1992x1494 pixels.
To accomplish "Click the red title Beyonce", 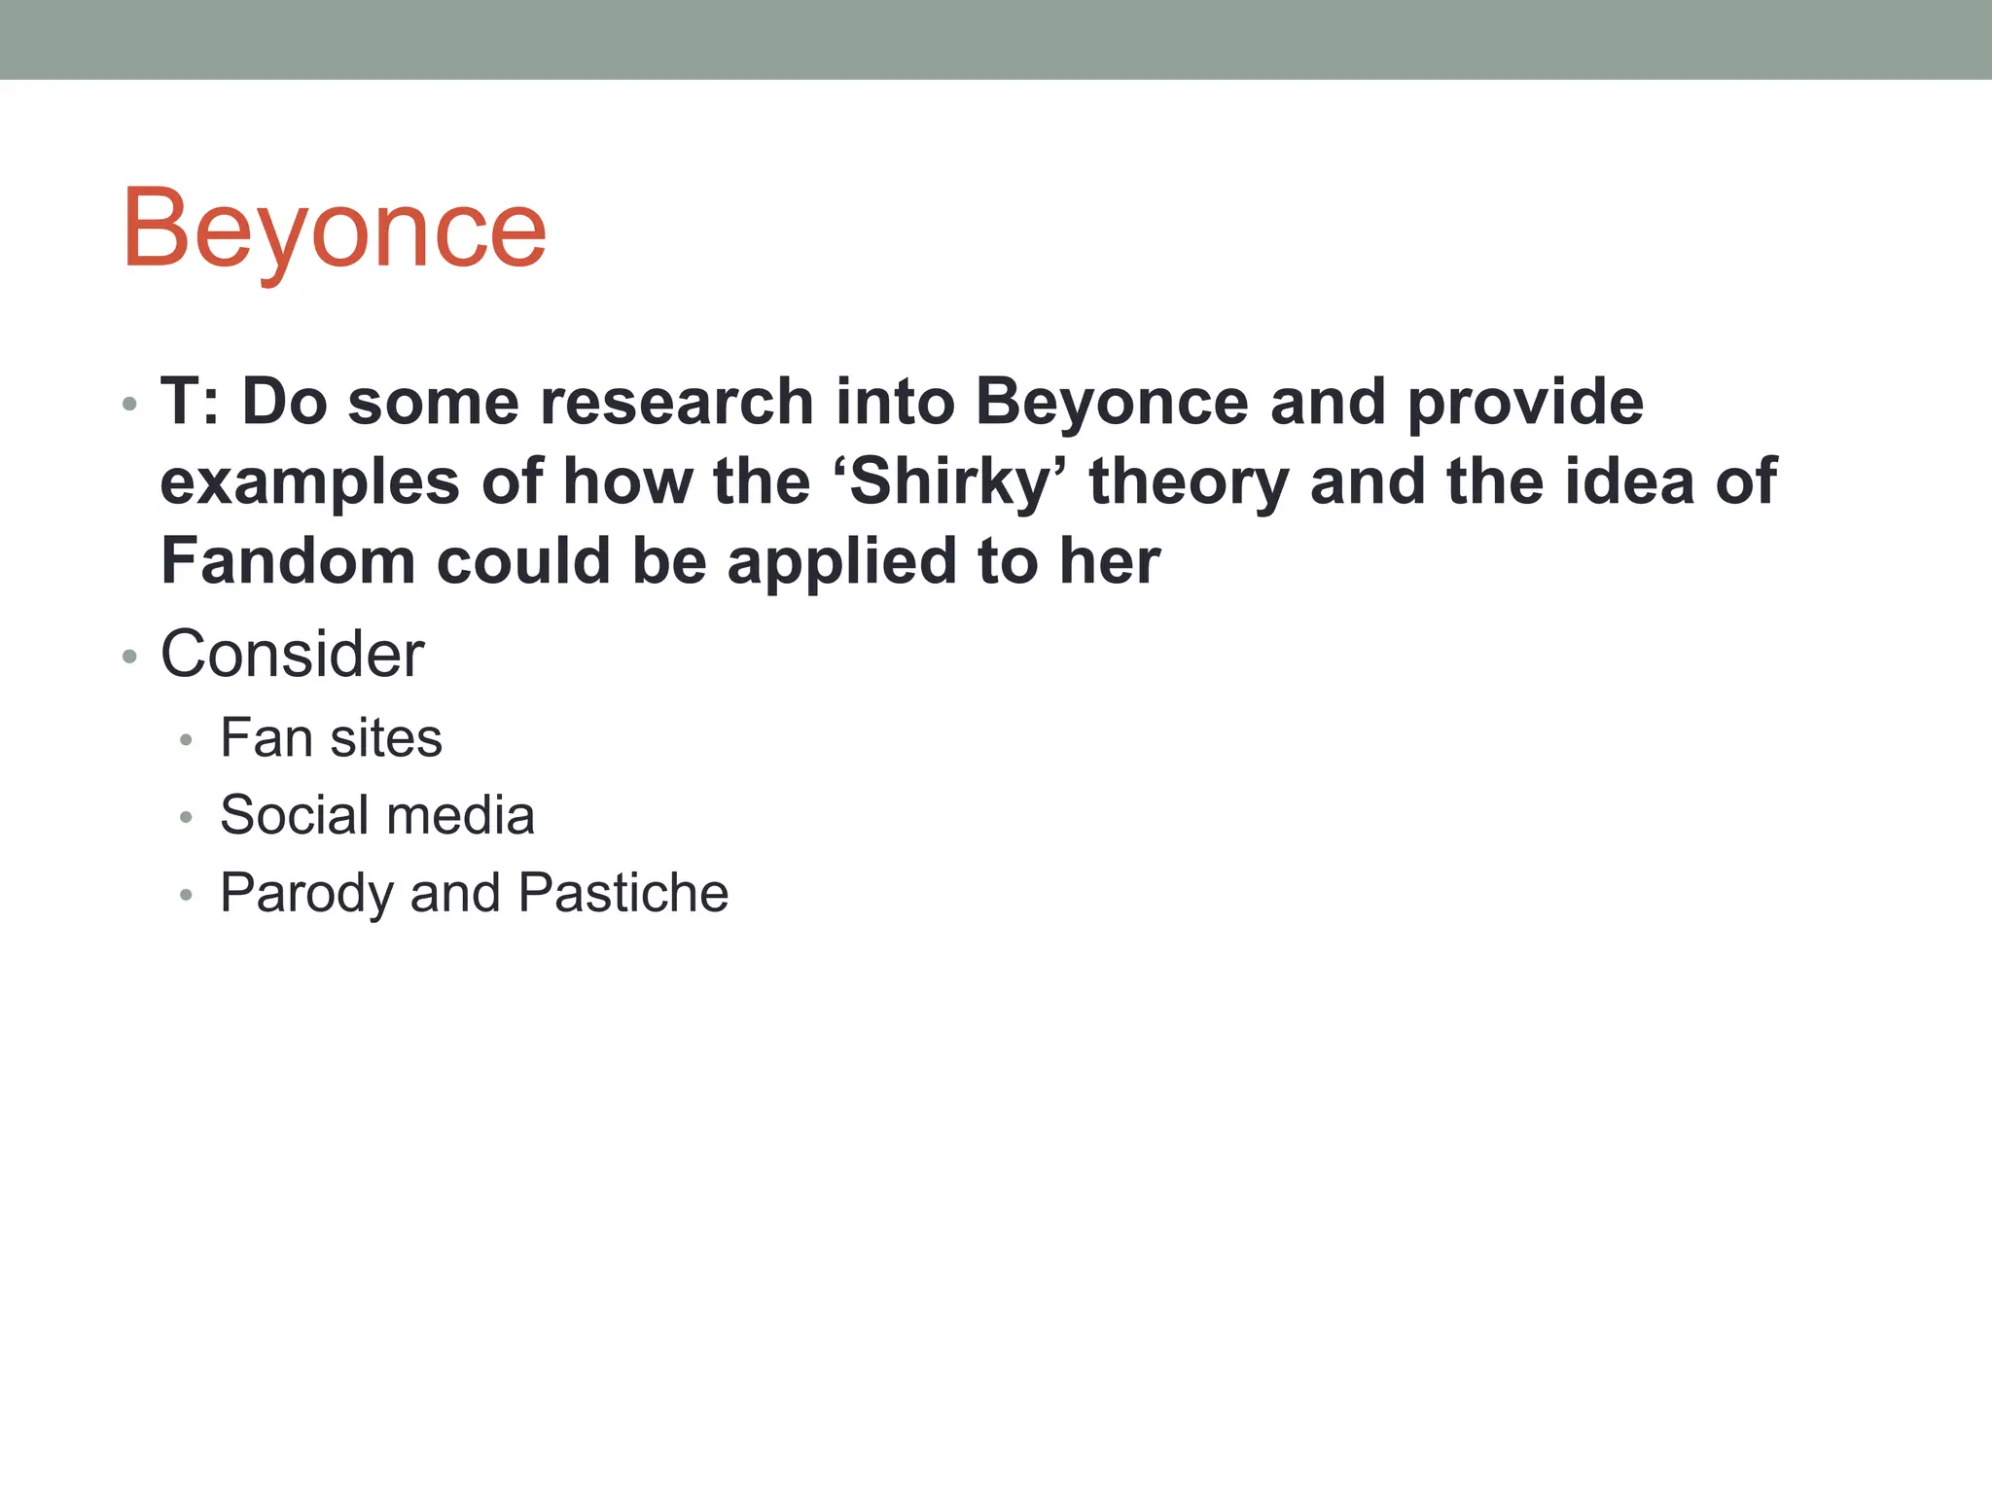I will pyautogui.click(x=334, y=230).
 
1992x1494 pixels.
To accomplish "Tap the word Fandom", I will pyautogui.click(x=288, y=561).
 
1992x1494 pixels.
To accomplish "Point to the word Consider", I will pyautogui.click(x=292, y=654).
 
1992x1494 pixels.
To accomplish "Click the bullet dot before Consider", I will pyautogui.click(x=129, y=658).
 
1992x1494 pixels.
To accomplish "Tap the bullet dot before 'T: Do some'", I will pyautogui.click(x=129, y=404).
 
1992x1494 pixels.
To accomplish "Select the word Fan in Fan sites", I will pyautogui.click(x=265, y=737).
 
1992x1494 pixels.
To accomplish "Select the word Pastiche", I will pyautogui.click(x=622, y=893).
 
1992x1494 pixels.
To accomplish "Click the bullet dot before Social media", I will pyautogui.click(x=187, y=818).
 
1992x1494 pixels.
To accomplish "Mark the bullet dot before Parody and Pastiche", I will pyautogui.click(x=187, y=896).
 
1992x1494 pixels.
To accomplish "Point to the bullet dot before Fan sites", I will pyautogui.click(x=187, y=741).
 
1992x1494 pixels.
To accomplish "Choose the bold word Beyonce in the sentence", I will pyautogui.click(x=1112, y=402).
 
